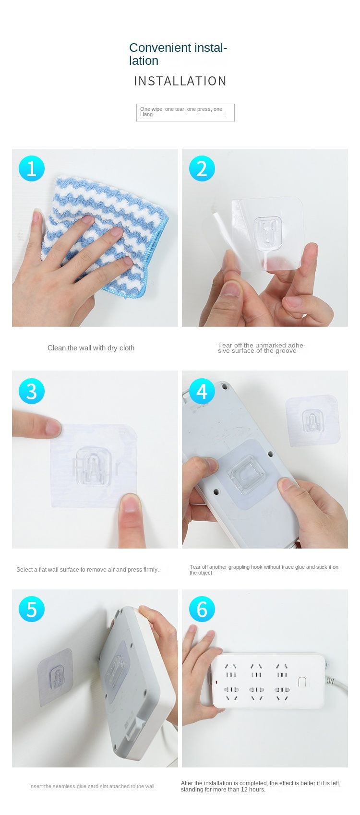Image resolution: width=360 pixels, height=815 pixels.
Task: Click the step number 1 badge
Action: [x=32, y=168]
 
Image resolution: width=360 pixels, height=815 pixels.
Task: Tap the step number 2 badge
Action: [x=202, y=168]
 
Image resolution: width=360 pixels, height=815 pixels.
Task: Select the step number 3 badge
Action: [x=32, y=391]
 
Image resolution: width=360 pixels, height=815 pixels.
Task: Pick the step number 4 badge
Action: [x=202, y=391]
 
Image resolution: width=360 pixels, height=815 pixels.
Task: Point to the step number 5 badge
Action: [x=32, y=609]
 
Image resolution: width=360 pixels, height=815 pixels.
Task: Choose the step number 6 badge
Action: [x=202, y=609]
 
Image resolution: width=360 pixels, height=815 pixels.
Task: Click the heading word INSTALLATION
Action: [x=180, y=81]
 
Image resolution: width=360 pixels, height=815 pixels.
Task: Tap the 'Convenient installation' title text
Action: [x=178, y=54]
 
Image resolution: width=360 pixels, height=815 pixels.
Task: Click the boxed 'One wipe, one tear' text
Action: [x=185, y=112]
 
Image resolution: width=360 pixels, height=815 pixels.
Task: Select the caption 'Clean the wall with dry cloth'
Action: [x=91, y=348]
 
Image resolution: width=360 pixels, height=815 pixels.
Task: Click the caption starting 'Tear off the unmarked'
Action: [x=262, y=348]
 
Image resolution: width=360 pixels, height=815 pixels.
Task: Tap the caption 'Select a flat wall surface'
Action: [x=87, y=570]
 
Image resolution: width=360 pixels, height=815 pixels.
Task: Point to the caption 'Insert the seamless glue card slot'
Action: [x=92, y=786]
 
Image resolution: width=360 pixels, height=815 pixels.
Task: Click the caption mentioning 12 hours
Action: [x=260, y=786]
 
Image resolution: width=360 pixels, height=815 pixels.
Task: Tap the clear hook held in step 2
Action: [x=267, y=230]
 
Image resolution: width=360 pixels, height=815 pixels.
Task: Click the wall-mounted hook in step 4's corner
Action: [x=313, y=420]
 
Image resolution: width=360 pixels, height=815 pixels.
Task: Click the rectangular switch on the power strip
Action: [x=302, y=683]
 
